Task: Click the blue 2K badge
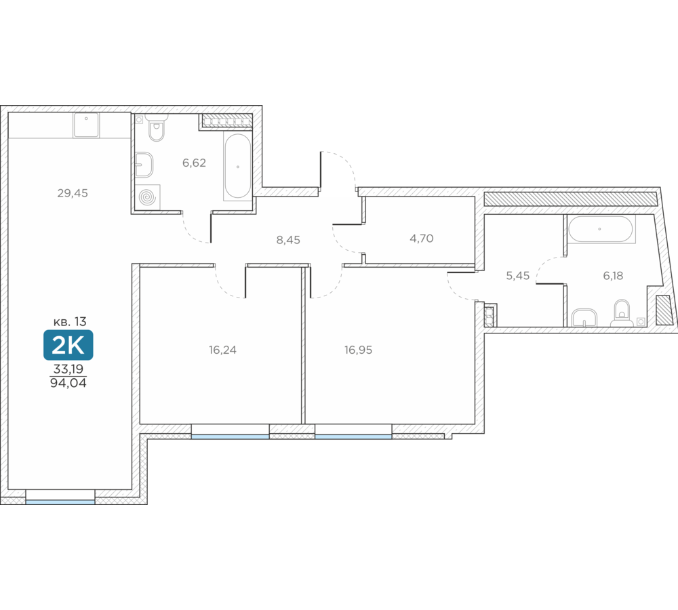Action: pyautogui.click(x=68, y=345)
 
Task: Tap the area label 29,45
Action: pyautogui.click(x=73, y=193)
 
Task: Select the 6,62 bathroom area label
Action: pyautogui.click(x=194, y=163)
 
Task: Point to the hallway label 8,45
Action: pyautogui.click(x=288, y=240)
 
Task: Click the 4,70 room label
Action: pyautogui.click(x=422, y=239)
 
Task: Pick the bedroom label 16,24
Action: pyautogui.click(x=222, y=350)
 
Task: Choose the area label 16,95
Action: pyautogui.click(x=359, y=350)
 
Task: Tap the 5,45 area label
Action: pyautogui.click(x=518, y=276)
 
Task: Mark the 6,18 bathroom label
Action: pyautogui.click(x=613, y=276)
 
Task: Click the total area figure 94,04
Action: pyautogui.click(x=68, y=383)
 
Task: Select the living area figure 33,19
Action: pyautogui.click(x=68, y=369)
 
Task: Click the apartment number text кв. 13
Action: pyautogui.click(x=70, y=322)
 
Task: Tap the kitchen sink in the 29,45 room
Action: pyautogui.click(x=87, y=125)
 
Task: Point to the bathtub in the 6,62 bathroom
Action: pyautogui.click(x=237, y=167)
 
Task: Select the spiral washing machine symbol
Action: pyautogui.click(x=147, y=197)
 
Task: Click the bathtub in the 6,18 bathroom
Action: pyautogui.click(x=601, y=229)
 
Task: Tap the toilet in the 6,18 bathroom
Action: pyautogui.click(x=622, y=312)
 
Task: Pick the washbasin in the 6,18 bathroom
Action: pyautogui.click(x=584, y=318)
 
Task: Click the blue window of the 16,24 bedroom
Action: pyautogui.click(x=230, y=437)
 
